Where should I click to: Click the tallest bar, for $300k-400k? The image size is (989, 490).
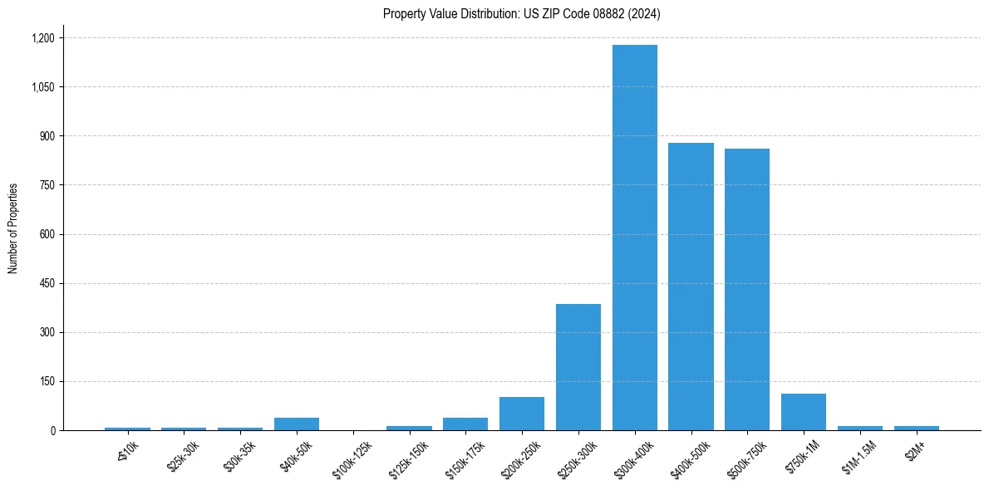pyautogui.click(x=635, y=238)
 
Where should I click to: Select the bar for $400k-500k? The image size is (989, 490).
pyautogui.click(x=691, y=287)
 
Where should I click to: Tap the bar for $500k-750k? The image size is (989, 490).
pyautogui.click(x=747, y=289)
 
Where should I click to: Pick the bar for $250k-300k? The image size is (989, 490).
pyautogui.click(x=578, y=367)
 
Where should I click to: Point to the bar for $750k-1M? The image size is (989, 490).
pyautogui.click(x=804, y=412)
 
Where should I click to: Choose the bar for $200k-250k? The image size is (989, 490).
pyautogui.click(x=522, y=414)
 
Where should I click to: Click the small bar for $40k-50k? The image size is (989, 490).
pyautogui.click(x=297, y=424)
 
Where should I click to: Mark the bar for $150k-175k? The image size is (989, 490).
pyautogui.click(x=465, y=424)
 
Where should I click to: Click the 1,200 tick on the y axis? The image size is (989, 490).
pyautogui.click(x=42, y=38)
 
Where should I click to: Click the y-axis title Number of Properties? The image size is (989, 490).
pyautogui.click(x=13, y=228)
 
